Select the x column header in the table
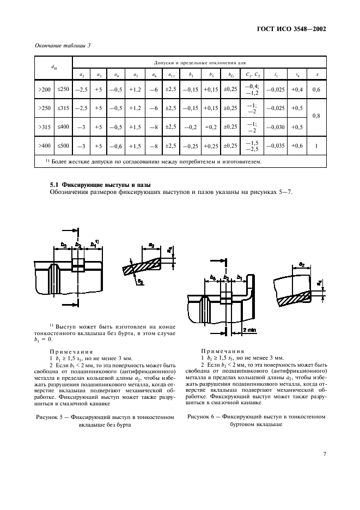317,75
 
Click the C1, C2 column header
253,75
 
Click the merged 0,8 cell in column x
317,116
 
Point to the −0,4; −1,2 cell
253,88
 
